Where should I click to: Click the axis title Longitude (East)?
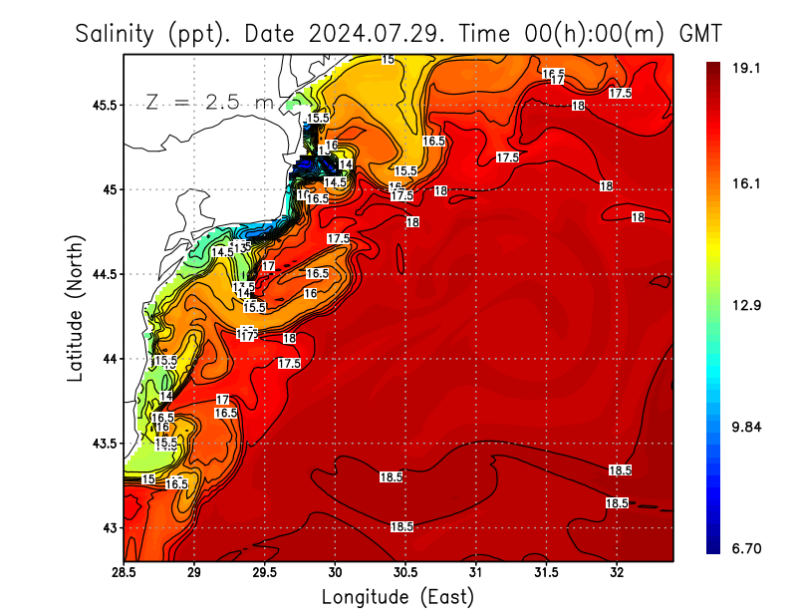(398, 597)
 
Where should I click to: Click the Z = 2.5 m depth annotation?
(208, 102)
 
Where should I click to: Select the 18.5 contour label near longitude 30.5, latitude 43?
(401, 526)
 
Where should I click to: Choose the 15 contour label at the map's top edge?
(388, 60)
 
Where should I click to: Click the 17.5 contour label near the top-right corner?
(621, 93)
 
